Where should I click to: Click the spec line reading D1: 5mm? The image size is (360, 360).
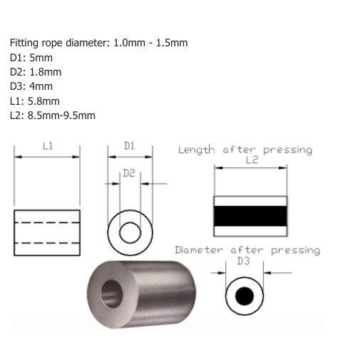[31, 58]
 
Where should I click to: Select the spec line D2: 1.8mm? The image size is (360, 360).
[36, 72]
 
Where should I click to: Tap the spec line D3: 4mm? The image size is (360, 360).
[31, 86]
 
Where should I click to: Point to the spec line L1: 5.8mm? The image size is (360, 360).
[35, 101]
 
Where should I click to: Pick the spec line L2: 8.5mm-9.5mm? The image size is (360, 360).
[53, 115]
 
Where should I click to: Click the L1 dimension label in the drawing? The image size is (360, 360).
[48, 145]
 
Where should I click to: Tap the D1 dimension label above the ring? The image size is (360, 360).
[129, 145]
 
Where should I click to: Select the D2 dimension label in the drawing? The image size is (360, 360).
[129, 173]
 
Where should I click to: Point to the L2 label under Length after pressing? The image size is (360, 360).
[251, 160]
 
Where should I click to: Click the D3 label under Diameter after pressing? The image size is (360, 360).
[243, 261]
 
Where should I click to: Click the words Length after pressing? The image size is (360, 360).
[245, 150]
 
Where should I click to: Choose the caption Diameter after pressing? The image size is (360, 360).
[247, 250]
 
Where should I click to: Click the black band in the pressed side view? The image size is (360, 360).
[250, 215]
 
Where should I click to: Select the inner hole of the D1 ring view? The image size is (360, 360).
[130, 232]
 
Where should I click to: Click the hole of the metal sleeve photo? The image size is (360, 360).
[112, 292]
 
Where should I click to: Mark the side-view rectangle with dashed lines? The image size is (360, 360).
[47, 232]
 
